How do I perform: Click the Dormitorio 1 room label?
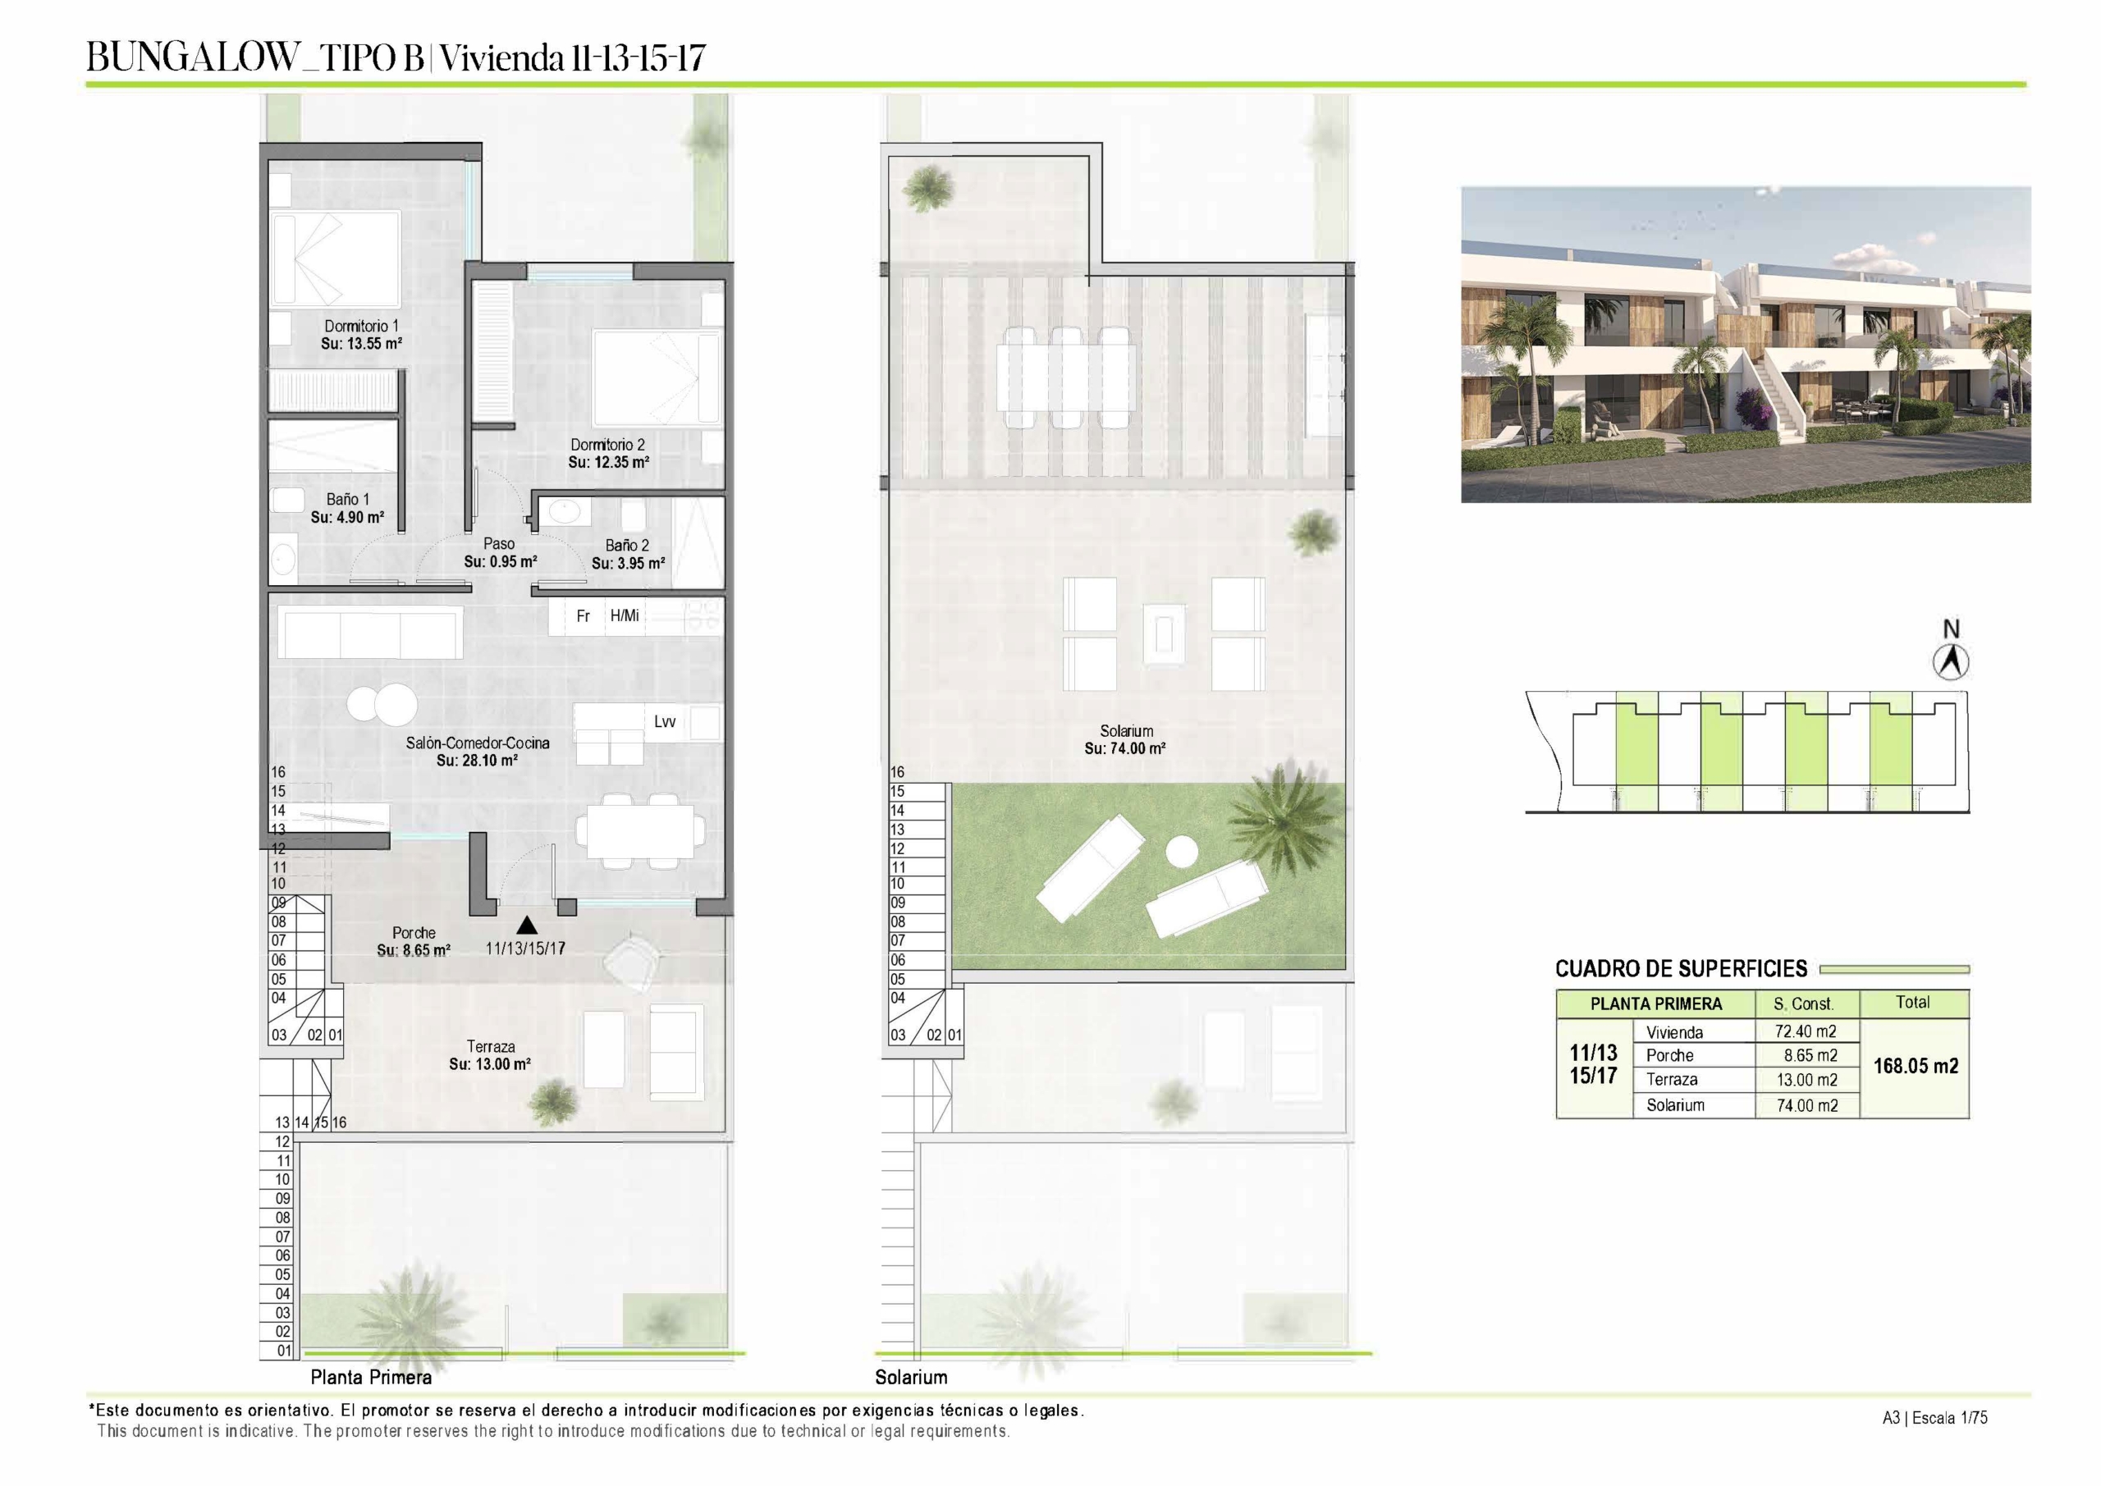coord(361,326)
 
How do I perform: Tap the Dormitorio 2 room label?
coord(607,445)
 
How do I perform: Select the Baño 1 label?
coord(348,500)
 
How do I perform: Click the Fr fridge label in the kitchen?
coord(583,617)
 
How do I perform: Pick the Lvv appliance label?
coord(666,722)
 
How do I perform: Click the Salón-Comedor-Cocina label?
coord(478,743)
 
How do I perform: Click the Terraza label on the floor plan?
coord(491,1047)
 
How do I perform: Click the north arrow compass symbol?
coord(1951,661)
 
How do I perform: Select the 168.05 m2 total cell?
coord(1916,1066)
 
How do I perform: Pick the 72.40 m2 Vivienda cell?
coord(1806,1031)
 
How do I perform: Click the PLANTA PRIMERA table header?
coord(1656,1004)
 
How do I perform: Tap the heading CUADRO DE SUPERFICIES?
coord(1681,969)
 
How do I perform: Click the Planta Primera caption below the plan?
coord(371,1377)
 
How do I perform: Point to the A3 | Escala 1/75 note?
coord(1934,1418)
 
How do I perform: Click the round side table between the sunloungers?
coord(1181,853)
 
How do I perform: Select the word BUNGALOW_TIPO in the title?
coord(255,57)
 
